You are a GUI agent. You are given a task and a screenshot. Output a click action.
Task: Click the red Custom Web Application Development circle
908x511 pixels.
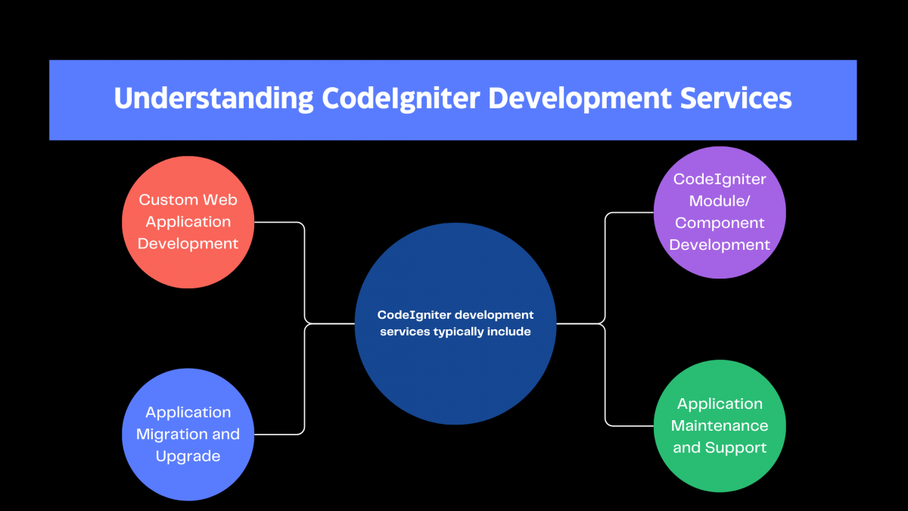pos(188,222)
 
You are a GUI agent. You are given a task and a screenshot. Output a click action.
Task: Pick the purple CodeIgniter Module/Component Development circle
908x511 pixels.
pos(720,212)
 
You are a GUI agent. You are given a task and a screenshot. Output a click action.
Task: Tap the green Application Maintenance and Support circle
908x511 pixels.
pos(720,425)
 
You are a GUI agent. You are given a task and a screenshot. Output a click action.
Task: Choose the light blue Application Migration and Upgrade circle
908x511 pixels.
pos(188,435)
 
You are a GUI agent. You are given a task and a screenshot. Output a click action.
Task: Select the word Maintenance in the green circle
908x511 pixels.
pos(720,425)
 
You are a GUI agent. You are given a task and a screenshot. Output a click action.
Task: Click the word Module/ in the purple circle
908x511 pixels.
pos(720,201)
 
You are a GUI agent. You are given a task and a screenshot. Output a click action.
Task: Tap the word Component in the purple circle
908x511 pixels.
pos(720,223)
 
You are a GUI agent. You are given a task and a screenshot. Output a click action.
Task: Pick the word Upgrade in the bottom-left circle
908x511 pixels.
pos(188,456)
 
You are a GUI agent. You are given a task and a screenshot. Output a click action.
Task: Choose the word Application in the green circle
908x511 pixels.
pos(720,404)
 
